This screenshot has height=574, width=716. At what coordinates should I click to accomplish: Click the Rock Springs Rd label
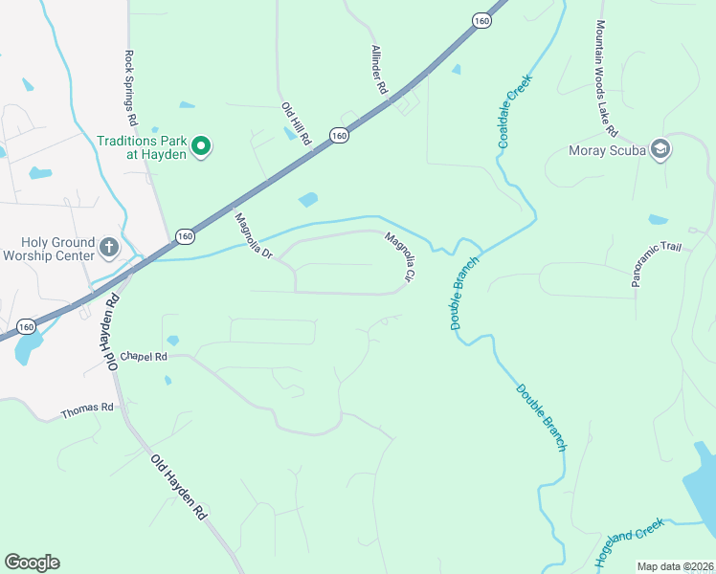130,90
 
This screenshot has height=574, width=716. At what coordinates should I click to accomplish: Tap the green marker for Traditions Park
201,146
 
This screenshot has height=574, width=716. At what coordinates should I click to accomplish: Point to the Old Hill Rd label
297,123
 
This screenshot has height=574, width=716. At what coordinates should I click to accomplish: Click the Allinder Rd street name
380,69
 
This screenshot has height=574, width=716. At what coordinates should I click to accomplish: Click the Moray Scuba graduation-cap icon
660,149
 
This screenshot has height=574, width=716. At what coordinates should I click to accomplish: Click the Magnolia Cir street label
400,256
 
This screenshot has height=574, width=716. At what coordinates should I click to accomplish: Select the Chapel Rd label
144,356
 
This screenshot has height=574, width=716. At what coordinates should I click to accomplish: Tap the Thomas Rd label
87,409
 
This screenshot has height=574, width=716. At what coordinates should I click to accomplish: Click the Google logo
32,563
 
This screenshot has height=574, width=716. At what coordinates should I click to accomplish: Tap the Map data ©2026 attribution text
675,566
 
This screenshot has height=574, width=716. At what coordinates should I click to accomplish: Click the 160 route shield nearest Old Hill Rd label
339,137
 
